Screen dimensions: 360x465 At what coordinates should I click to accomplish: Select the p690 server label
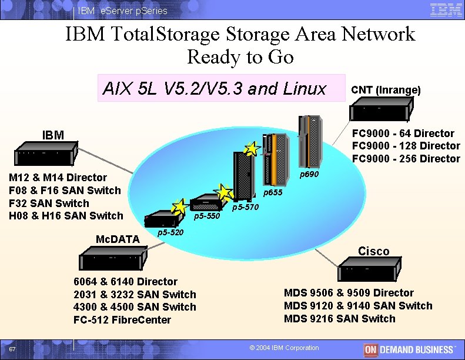(309, 175)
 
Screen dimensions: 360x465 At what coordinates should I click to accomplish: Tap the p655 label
(273, 193)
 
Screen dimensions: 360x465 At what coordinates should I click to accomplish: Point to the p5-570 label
(245, 208)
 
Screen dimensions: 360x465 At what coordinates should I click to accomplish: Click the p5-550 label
(206, 216)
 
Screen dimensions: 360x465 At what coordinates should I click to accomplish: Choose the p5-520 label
(170, 233)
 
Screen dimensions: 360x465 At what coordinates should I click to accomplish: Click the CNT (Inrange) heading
(386, 90)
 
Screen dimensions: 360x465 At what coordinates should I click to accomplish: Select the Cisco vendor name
(373, 251)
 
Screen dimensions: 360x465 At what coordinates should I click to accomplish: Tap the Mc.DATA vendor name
(118, 239)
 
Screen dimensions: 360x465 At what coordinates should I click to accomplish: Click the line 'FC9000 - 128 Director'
(406, 146)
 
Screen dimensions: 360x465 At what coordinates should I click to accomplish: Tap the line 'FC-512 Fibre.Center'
(122, 320)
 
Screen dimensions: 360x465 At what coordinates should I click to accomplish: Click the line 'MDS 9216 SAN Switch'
(340, 319)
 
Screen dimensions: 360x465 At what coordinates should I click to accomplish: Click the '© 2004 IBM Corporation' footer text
(285, 348)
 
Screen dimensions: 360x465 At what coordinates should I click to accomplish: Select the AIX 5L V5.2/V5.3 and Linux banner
(214, 89)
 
